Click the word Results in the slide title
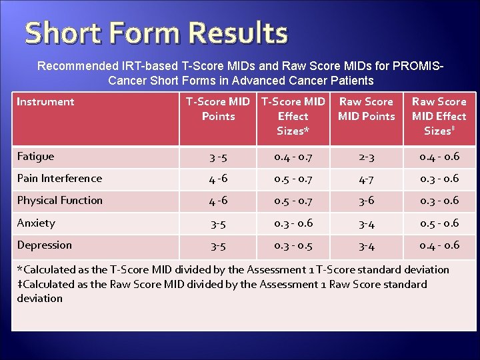pyautogui.click(x=238, y=33)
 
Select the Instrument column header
pyautogui.click(x=45, y=102)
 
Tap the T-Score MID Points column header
pyautogui.click(x=218, y=109)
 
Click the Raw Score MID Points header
pyautogui.click(x=366, y=109)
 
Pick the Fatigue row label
pyautogui.click(x=35, y=157)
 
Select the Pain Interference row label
pyautogui.click(x=59, y=179)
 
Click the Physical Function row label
pyautogui.click(x=59, y=201)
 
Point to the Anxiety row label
pyautogui.click(x=36, y=223)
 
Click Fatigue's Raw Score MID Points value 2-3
pyautogui.click(x=366, y=157)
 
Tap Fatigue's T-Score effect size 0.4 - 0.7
pyautogui.click(x=293, y=157)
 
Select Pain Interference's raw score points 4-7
pyautogui.click(x=366, y=179)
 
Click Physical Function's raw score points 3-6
pyautogui.click(x=366, y=201)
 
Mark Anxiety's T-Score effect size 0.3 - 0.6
pyautogui.click(x=293, y=223)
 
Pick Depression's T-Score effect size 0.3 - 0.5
pyautogui.click(x=293, y=245)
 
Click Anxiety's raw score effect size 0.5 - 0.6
pyautogui.click(x=439, y=223)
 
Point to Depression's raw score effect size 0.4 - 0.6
pyautogui.click(x=439, y=245)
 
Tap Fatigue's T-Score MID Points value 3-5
pyautogui.click(x=218, y=157)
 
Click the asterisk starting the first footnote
pyautogui.click(x=19, y=269)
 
